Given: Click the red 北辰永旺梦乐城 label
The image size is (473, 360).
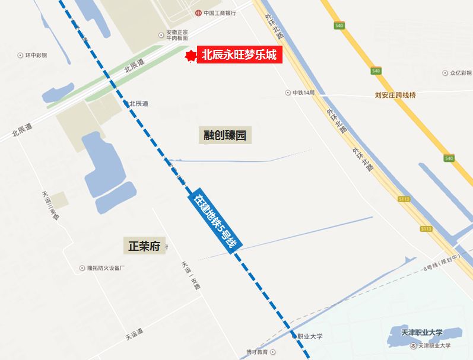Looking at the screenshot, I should [239, 55].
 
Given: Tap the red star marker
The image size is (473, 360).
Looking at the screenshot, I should [191, 55].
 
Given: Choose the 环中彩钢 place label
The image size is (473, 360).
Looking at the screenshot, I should [36, 55].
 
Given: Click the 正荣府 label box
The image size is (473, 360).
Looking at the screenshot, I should [144, 246].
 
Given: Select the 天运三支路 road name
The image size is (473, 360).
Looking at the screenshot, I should [51, 205].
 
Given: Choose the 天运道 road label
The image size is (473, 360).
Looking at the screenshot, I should [135, 336].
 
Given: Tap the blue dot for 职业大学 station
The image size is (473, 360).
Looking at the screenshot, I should [294, 336].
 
